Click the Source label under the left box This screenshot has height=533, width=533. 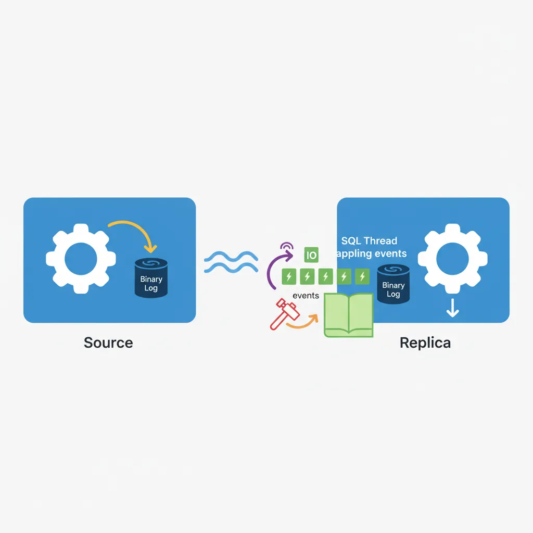(108, 342)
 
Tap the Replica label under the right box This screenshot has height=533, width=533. (425, 342)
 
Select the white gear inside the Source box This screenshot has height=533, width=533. (79, 258)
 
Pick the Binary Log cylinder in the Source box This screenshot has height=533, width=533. (151, 278)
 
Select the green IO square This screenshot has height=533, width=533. (311, 255)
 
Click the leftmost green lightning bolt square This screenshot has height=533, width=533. (289, 276)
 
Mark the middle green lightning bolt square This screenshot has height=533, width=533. (325, 276)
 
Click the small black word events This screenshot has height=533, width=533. (306, 296)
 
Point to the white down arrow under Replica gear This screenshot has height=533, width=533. (453, 310)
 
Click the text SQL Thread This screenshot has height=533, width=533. (369, 241)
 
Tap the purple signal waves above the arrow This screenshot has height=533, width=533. (286, 245)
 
